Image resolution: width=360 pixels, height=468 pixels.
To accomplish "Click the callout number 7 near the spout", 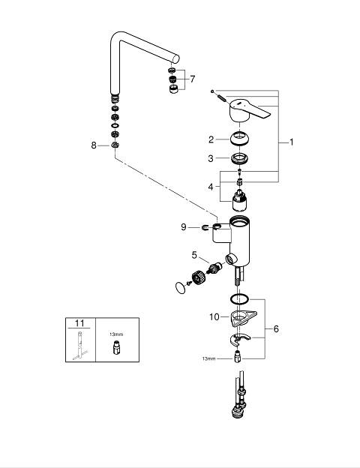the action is [x=193, y=79].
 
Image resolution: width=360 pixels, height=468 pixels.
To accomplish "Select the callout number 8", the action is [x=94, y=145].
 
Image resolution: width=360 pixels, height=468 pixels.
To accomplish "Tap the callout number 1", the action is [x=291, y=142].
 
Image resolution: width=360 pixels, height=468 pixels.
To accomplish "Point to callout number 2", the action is [x=211, y=139].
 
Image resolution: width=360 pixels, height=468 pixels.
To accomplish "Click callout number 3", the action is [x=211, y=158].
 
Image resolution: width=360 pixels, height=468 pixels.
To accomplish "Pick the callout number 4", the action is [x=211, y=187].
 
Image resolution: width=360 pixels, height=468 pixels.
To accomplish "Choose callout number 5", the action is [x=194, y=255].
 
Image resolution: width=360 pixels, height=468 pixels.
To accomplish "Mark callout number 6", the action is [x=276, y=329].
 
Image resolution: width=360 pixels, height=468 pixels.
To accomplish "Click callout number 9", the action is [x=184, y=227].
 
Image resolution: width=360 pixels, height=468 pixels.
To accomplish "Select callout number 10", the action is [x=214, y=316].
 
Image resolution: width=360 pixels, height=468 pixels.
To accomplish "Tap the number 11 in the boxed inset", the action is [x=79, y=323].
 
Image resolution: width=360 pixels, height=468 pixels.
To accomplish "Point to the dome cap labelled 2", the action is [x=240, y=139].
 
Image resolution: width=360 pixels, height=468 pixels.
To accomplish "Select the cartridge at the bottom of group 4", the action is [x=240, y=200].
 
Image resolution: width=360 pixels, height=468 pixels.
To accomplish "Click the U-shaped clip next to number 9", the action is [x=205, y=227].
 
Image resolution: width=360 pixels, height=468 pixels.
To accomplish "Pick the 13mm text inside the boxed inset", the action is [x=116, y=334].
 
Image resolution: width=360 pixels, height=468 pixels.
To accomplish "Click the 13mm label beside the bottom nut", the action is [x=208, y=358].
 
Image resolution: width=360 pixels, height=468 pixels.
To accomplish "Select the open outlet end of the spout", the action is [x=176, y=58].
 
